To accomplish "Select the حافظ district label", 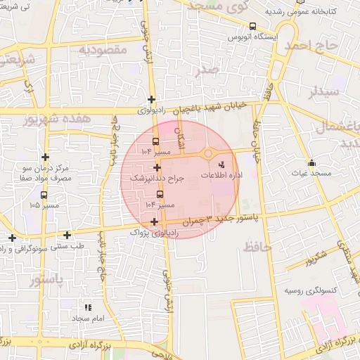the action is pyautogui.click(x=257, y=246).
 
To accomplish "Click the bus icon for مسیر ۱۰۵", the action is pyautogui.click(x=44, y=195).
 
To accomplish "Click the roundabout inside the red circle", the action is pyautogui.click(x=209, y=154).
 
